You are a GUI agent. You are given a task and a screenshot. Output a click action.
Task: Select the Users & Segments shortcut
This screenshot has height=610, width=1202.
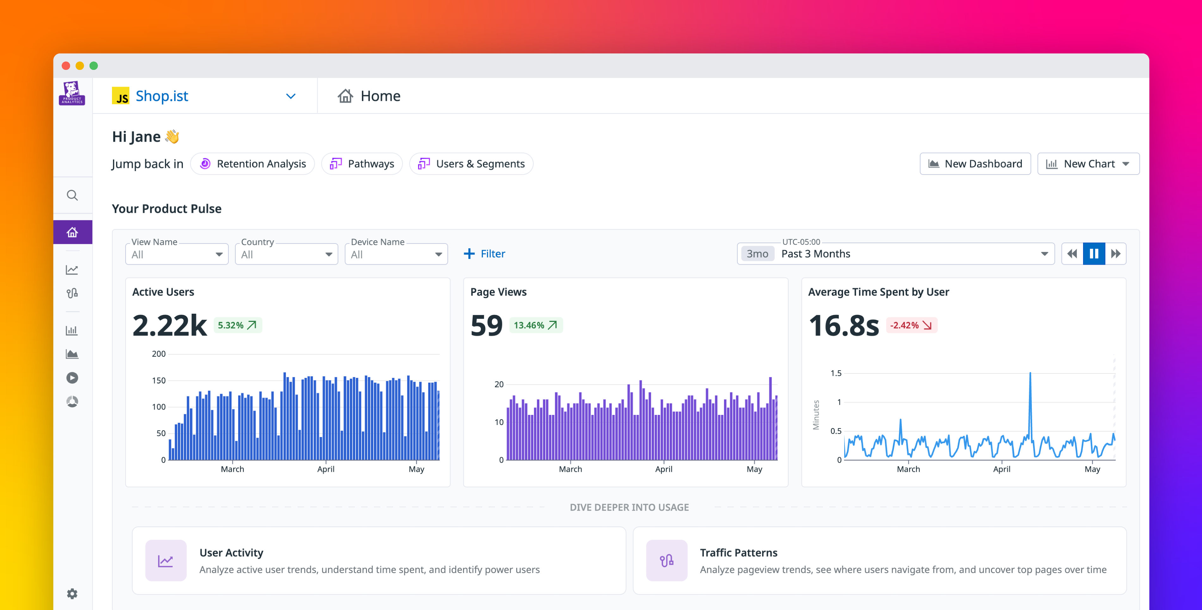point(471,164)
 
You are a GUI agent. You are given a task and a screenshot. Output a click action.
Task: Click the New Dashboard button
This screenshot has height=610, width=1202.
point(975,164)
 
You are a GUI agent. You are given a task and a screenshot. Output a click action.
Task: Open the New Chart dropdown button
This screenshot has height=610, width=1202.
point(1088,164)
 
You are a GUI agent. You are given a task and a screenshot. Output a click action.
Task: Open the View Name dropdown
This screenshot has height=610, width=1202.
point(177,254)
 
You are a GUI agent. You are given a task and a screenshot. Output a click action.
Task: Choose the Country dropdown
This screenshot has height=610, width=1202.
point(286,254)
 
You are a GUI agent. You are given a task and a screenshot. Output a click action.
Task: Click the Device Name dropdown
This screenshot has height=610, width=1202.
point(396,254)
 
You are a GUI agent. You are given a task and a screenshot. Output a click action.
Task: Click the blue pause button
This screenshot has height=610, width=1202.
point(1093,254)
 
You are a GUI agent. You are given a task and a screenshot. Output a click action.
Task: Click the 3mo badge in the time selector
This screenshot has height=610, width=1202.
point(757,254)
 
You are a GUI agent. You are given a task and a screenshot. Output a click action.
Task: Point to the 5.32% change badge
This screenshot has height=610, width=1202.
point(237,325)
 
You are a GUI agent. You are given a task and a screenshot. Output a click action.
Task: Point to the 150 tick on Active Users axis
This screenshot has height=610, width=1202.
point(159,380)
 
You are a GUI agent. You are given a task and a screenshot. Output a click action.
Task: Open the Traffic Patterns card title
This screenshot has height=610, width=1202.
point(738,553)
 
